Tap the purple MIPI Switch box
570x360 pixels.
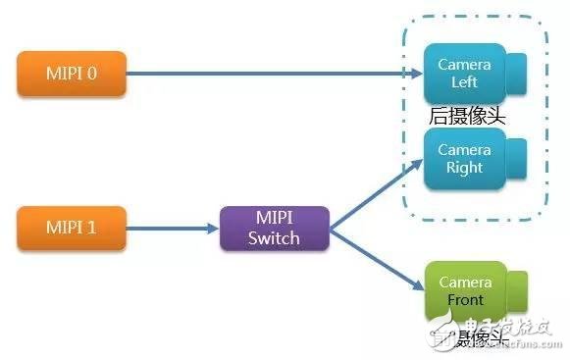point(275,228)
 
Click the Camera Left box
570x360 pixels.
point(463,74)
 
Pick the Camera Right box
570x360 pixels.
point(463,160)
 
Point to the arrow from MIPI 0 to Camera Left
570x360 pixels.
point(265,72)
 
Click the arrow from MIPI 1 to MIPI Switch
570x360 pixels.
point(172,228)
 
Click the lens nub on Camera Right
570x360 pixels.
point(517,158)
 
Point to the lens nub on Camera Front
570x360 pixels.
point(517,290)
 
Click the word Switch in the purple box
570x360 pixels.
point(275,236)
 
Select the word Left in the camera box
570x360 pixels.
point(464,82)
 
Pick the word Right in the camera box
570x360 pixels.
point(464,168)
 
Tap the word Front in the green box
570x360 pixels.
point(464,300)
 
